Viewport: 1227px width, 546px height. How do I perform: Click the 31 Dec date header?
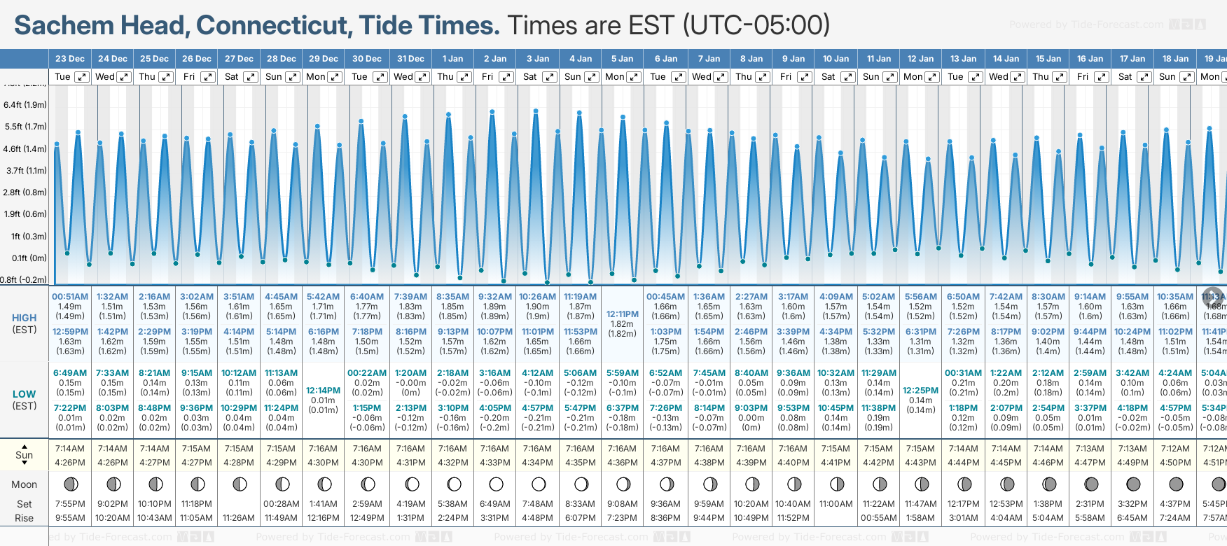pos(410,59)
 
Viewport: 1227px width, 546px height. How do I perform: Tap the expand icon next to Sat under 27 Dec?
pos(250,77)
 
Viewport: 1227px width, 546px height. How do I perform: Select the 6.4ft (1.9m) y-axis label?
pos(25,105)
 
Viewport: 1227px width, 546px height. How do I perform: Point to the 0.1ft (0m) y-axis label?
pos(29,258)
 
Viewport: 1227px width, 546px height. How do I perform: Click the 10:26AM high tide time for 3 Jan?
pos(537,297)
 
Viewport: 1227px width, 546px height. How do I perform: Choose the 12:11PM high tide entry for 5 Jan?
pos(622,314)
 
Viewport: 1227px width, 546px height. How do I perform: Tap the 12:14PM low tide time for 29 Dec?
pos(323,391)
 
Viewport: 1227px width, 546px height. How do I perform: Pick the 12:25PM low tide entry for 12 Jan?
pos(920,391)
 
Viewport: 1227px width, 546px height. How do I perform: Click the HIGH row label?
pos(25,318)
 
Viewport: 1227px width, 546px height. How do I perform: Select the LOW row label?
pos(25,394)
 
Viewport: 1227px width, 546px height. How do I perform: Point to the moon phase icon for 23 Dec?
pos(70,484)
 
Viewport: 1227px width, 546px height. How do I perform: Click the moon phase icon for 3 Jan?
pos(538,484)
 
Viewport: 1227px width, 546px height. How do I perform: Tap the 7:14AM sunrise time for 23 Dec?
pos(70,449)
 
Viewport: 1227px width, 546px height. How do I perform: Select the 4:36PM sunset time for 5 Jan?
pos(622,463)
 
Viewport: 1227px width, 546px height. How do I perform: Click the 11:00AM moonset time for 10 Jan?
pos(836,504)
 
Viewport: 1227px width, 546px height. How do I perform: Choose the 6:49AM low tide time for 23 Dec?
pos(70,373)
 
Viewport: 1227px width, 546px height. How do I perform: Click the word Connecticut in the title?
pos(274,25)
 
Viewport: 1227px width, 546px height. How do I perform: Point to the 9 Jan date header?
pos(793,59)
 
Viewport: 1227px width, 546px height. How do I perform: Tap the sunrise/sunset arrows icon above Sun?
pos(25,445)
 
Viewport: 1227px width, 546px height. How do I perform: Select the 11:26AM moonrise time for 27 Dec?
pos(239,518)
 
